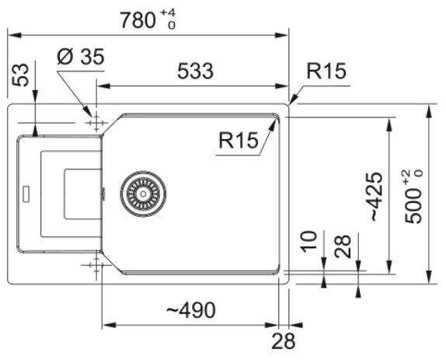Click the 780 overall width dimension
pyautogui.click(x=138, y=20)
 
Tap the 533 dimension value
pyautogui.click(x=195, y=71)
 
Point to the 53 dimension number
pyautogui.click(x=21, y=75)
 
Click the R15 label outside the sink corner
pyautogui.click(x=326, y=71)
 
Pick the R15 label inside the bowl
pyautogui.click(x=239, y=140)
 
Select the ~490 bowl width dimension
pyautogui.click(x=191, y=309)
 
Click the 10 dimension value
pyautogui.click(x=309, y=242)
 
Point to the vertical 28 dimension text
pyautogui.click(x=343, y=246)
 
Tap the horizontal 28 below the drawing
pyautogui.click(x=284, y=341)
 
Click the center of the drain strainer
pyautogui.click(x=143, y=194)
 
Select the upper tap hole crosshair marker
pyautogui.click(x=96, y=123)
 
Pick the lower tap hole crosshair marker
pyautogui.click(x=96, y=265)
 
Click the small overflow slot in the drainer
pyautogui.click(x=26, y=194)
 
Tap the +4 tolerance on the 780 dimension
pyautogui.click(x=168, y=12)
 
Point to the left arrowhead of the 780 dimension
pyautogui.click(x=14, y=35)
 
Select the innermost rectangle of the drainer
pyautogui.click(x=65, y=194)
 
